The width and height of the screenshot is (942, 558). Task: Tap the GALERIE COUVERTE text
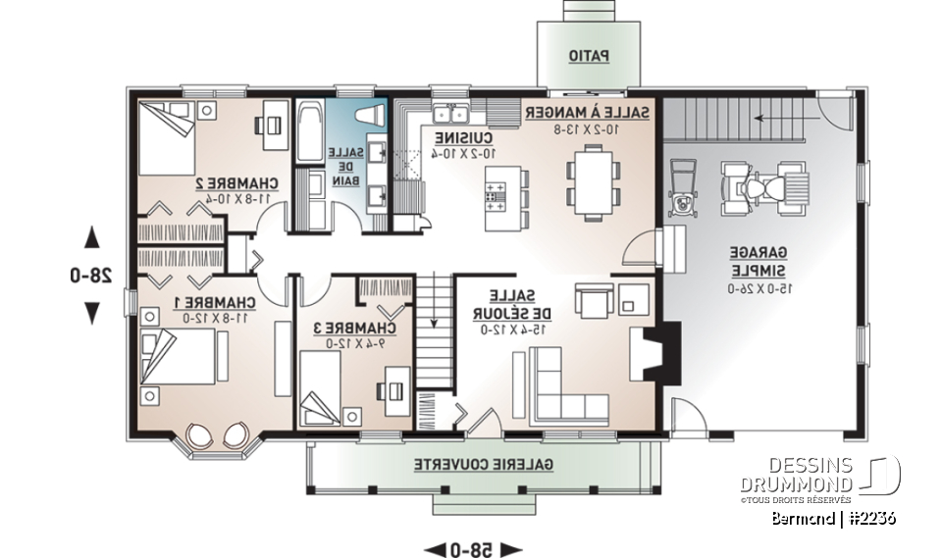pyautogui.click(x=482, y=462)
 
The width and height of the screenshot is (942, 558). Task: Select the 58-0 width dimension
pyautogui.click(x=473, y=547)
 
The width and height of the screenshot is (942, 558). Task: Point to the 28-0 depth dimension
pyautogui.click(x=92, y=276)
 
